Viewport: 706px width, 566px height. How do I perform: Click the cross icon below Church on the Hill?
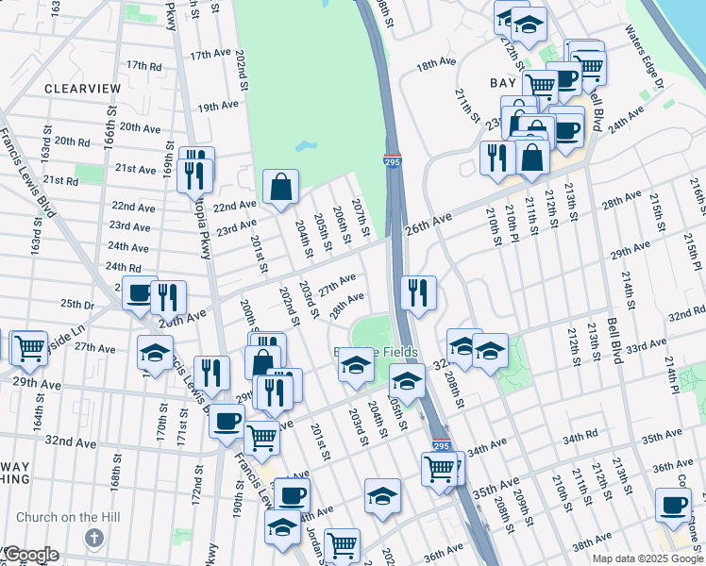tap(92, 538)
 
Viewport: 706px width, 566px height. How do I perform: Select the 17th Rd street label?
tap(144, 65)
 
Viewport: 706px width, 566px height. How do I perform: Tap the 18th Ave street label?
tap(436, 64)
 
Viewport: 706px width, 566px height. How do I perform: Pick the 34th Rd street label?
tap(581, 440)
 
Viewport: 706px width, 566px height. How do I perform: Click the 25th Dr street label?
tap(77, 305)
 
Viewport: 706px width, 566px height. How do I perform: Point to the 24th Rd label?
tap(123, 267)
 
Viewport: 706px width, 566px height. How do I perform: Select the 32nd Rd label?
tap(687, 312)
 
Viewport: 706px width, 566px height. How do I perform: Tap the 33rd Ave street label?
tap(646, 347)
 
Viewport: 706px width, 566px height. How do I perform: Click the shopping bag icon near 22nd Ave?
tap(281, 187)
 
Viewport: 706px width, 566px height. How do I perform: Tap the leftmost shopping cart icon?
tap(29, 347)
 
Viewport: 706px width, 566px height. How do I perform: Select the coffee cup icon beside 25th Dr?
tap(140, 293)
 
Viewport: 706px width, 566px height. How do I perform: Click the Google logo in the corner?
tap(30, 555)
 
